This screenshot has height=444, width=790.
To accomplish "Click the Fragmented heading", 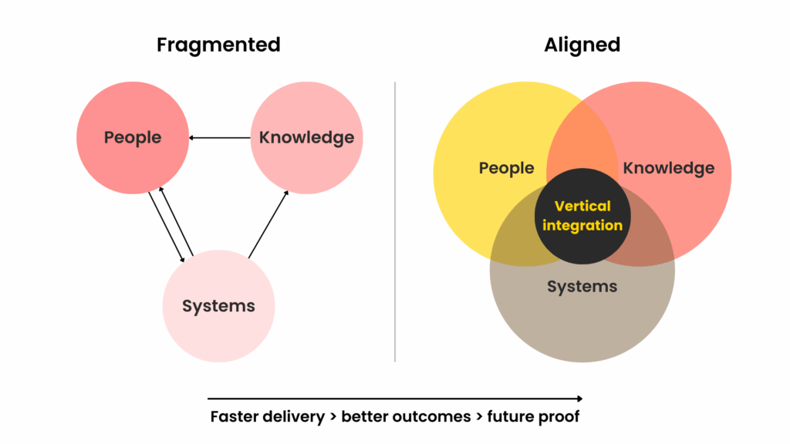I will pos(218,45).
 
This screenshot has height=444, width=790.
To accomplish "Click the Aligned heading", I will pos(582,45).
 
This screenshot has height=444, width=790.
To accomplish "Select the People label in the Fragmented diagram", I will pos(133,138).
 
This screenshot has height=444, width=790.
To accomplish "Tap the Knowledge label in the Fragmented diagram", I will pos(306,138).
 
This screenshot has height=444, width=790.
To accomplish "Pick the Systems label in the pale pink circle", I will pos(218,306).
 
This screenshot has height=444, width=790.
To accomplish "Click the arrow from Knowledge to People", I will pos(220,138).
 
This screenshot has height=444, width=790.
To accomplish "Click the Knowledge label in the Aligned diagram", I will pos(668,168).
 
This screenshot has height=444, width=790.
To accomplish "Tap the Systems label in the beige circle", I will pos(582,287).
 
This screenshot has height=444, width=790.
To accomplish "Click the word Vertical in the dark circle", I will pos(582,207).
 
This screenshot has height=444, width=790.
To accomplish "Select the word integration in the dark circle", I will pos(582,226).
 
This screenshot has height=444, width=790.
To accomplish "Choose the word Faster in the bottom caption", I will pos(235,417).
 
